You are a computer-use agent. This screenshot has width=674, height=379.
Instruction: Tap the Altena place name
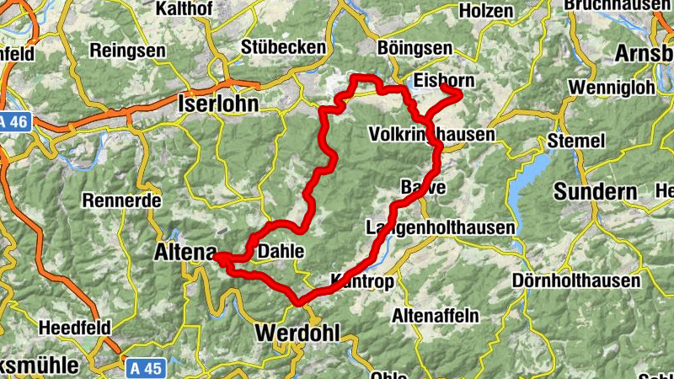[182, 251]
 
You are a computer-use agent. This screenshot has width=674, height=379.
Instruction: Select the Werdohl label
[297, 333]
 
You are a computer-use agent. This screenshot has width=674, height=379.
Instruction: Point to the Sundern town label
[596, 191]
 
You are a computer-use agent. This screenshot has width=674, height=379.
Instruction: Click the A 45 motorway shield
[146, 367]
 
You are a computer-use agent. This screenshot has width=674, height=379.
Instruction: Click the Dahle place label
[281, 252]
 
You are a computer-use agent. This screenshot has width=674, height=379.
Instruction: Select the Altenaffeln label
[436, 316]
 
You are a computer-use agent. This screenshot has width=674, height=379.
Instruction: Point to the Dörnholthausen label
[576, 280]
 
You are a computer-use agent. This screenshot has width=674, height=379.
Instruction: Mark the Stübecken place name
[283, 48]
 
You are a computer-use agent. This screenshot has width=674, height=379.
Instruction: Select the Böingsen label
[415, 49]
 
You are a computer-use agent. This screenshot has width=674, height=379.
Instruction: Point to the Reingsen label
[127, 50]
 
